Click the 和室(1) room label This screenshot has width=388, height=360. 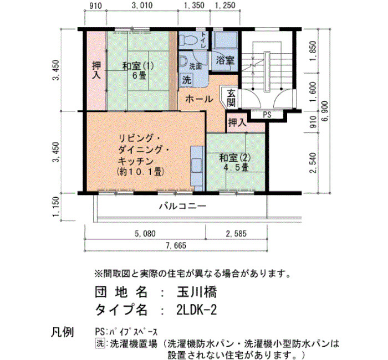tap(139, 66)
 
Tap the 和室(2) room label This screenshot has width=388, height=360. tap(235, 158)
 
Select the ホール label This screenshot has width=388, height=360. tap(199, 99)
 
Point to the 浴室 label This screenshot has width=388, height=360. tap(225, 60)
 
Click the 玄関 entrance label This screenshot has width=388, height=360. tap(231, 97)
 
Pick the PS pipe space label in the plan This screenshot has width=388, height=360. tap(267, 115)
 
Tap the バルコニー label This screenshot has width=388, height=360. tap(182, 206)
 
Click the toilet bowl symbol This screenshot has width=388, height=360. tap(187, 40)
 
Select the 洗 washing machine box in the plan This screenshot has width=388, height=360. tap(187, 80)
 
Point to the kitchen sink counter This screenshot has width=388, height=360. tap(197, 168)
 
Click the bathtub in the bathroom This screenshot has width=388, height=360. tap(226, 40)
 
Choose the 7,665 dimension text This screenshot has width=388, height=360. tap(176, 245)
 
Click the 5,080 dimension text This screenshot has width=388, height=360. tap(145, 234)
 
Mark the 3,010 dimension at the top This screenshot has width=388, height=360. tap(142, 5)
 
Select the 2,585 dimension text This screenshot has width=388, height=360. tap(236, 234)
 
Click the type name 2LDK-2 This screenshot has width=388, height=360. tap(197, 310)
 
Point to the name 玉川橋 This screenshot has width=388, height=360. tap(197, 292)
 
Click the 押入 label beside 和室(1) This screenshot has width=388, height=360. tap(96, 70)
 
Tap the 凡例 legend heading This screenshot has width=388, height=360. tap(62, 332)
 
